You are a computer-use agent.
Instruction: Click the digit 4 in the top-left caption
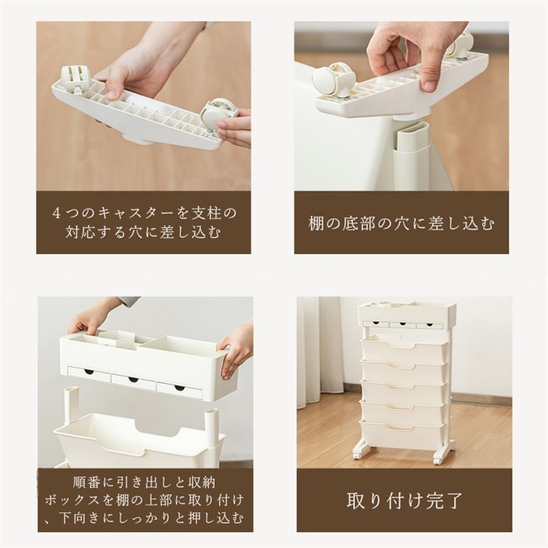[x=56, y=213]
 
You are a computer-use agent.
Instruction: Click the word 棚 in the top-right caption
[x=316, y=224]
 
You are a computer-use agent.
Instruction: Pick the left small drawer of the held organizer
[x=88, y=373]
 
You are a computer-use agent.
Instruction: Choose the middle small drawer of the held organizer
[x=134, y=379]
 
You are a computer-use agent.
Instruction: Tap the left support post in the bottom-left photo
[x=72, y=405]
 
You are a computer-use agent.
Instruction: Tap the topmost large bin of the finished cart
[x=405, y=347]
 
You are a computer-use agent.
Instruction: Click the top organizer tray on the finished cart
[x=408, y=314]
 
